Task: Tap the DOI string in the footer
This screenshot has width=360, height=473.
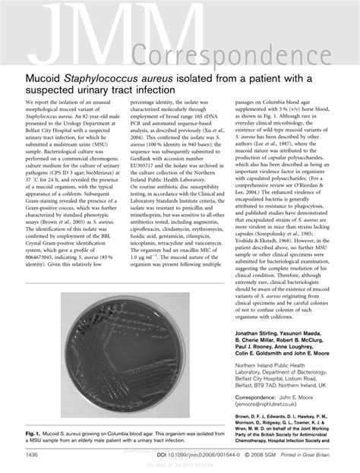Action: pyautogui.click(x=194, y=455)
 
